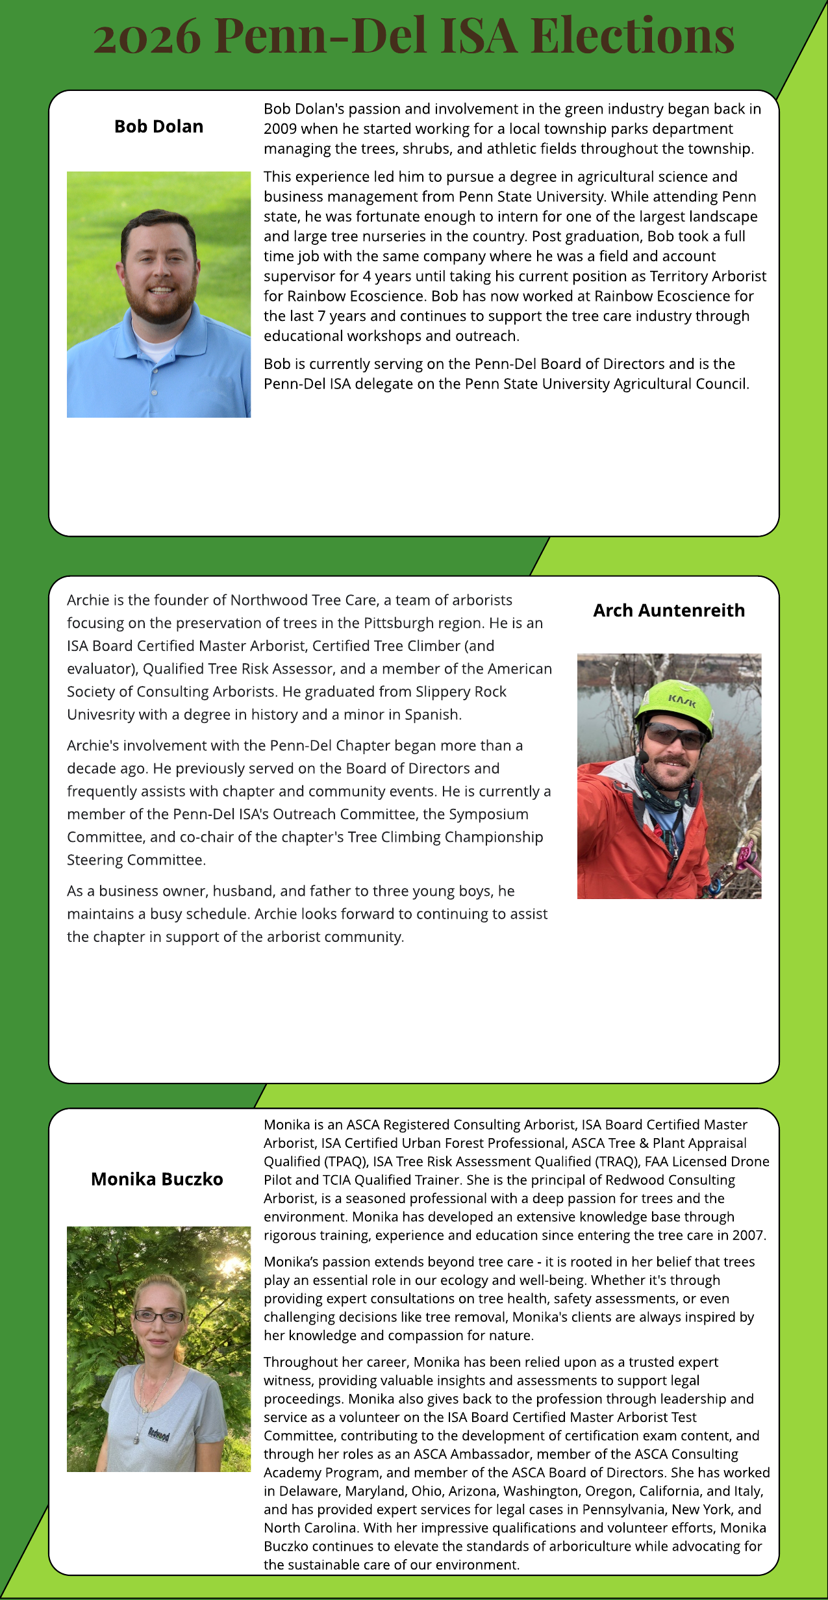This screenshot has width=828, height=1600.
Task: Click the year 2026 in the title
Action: [147, 36]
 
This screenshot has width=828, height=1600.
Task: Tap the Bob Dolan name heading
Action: [158, 127]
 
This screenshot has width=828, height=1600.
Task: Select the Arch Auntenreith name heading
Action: [669, 611]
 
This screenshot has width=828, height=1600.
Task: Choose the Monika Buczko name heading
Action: [157, 1179]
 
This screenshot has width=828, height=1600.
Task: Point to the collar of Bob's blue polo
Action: [156, 341]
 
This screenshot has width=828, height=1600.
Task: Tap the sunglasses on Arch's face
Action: [675, 736]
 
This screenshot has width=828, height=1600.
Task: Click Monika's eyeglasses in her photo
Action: [159, 1317]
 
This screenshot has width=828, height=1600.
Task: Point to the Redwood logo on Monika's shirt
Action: [158, 1433]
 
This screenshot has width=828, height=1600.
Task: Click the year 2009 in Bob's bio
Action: [280, 129]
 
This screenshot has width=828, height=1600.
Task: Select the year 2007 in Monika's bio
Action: [749, 1235]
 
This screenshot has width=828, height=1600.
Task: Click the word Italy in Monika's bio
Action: [746, 1491]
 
